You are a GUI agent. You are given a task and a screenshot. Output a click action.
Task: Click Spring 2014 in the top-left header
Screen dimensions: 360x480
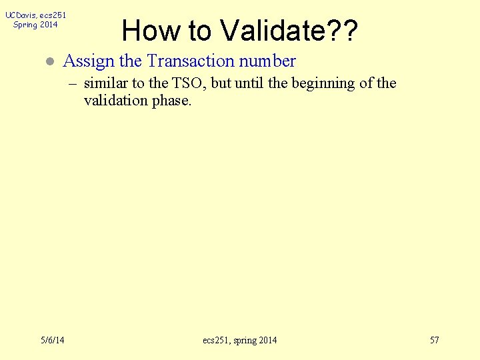35,25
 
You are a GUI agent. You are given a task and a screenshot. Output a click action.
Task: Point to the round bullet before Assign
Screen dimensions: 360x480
48,61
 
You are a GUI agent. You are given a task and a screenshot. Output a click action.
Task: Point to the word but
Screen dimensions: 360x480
221,83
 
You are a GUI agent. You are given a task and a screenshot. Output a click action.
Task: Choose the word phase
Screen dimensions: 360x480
173,101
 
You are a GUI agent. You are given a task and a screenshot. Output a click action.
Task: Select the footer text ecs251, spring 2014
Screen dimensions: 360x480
239,341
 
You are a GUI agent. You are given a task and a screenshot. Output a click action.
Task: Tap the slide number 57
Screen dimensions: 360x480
434,341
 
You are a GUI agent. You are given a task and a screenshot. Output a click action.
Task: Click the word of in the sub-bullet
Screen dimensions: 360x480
365,83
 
